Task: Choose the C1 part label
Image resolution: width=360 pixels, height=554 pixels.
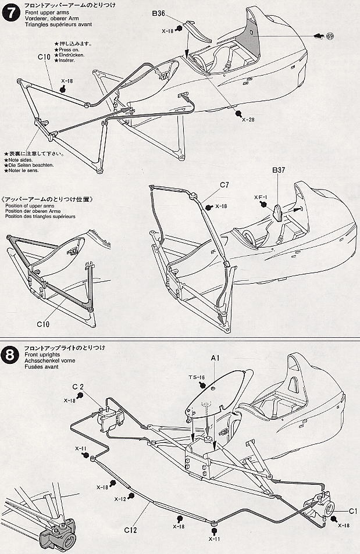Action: [x=352, y=512]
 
